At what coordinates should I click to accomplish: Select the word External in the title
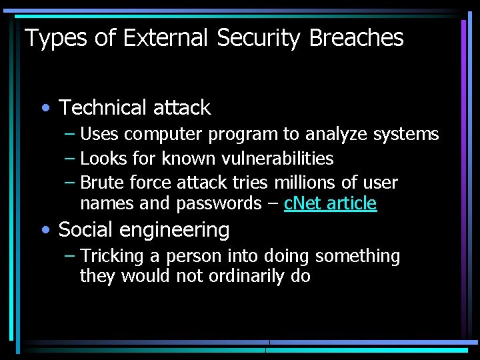155,38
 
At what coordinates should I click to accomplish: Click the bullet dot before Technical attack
45,108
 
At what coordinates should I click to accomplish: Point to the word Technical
103,107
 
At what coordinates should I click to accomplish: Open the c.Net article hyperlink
330,203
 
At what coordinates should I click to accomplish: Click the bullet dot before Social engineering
45,231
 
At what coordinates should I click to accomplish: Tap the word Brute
102,183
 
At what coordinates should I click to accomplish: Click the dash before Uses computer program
70,134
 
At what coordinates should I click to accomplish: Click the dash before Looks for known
70,159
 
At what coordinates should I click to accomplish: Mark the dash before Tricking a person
70,256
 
